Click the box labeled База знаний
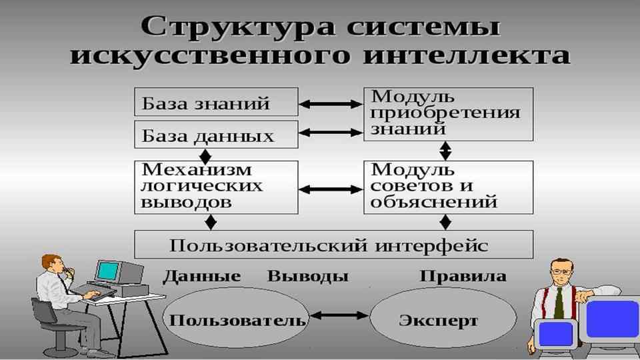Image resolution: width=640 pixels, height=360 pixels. click(215, 103)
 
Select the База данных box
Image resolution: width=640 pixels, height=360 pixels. click(215, 135)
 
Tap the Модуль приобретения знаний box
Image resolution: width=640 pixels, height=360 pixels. click(447, 113)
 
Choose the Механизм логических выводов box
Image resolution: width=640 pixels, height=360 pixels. click(215, 186)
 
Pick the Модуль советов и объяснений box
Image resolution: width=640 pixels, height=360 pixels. click(447, 186)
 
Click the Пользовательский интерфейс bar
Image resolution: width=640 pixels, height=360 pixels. click(333, 245)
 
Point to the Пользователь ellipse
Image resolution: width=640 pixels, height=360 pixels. click(237, 319)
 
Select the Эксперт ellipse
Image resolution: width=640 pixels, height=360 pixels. click(438, 319)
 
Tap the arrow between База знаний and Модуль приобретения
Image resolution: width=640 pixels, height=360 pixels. click(331, 104)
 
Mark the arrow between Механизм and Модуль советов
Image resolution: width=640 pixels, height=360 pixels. click(331, 189)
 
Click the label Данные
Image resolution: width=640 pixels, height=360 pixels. click(201, 276)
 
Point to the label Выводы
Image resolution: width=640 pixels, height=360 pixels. click(308, 276)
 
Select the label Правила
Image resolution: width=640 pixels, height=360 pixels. click(463, 276)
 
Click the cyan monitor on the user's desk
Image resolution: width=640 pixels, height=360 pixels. click(107, 270)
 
